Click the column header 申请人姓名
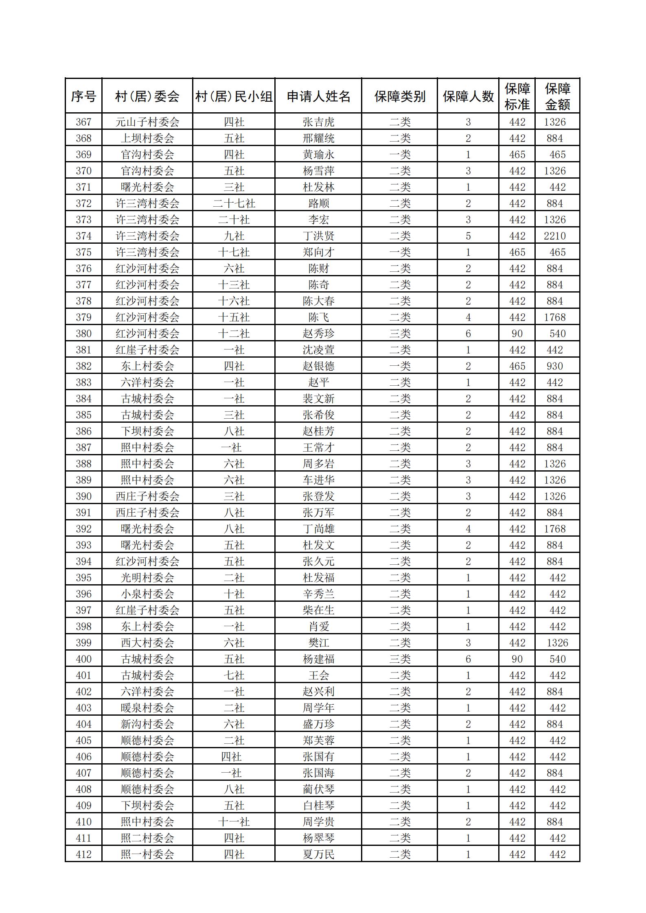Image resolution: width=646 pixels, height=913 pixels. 318,96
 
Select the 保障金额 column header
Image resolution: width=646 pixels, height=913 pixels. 557,96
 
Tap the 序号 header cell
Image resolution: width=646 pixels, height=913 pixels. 83,96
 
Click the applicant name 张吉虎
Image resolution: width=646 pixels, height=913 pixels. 318,122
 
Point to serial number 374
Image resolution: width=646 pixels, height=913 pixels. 83,236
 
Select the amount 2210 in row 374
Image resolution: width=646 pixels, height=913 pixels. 555,236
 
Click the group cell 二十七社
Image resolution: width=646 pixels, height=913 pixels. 234,203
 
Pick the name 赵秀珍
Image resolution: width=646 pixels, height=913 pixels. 318,334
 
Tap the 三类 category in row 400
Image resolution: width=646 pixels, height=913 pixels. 400,659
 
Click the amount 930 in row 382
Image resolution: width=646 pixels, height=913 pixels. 555,366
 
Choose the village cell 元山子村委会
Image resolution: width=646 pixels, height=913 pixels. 147,122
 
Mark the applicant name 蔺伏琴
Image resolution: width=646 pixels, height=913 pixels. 318,789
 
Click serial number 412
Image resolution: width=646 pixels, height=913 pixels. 83,854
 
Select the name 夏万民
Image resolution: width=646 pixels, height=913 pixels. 318,854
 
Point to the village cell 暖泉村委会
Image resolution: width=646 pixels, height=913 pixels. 147,708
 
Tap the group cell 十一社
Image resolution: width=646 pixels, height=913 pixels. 234,822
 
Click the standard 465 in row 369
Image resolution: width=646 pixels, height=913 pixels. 517,155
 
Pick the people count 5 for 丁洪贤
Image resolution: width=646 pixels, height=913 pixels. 468,236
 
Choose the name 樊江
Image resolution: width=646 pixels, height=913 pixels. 318,643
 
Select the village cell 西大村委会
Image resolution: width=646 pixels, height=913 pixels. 147,643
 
